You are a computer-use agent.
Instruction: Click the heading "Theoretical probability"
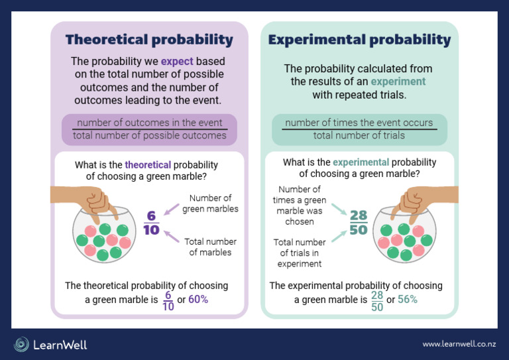(149, 40)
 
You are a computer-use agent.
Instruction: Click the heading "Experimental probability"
(359, 40)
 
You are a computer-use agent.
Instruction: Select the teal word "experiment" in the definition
(398, 82)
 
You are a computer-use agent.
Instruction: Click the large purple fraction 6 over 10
(152, 223)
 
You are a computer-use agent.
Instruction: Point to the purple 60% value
(198, 299)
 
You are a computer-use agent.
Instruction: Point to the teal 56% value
(407, 299)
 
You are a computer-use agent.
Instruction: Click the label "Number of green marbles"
(210, 204)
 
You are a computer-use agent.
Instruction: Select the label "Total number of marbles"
(211, 247)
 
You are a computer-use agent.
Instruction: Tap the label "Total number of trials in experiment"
(299, 253)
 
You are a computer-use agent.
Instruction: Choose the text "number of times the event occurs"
(359, 123)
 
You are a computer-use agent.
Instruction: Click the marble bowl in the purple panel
(102, 235)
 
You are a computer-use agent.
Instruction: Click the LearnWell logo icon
(22, 344)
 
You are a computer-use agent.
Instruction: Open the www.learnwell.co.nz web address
(458, 344)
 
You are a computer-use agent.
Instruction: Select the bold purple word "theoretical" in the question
(148, 164)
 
